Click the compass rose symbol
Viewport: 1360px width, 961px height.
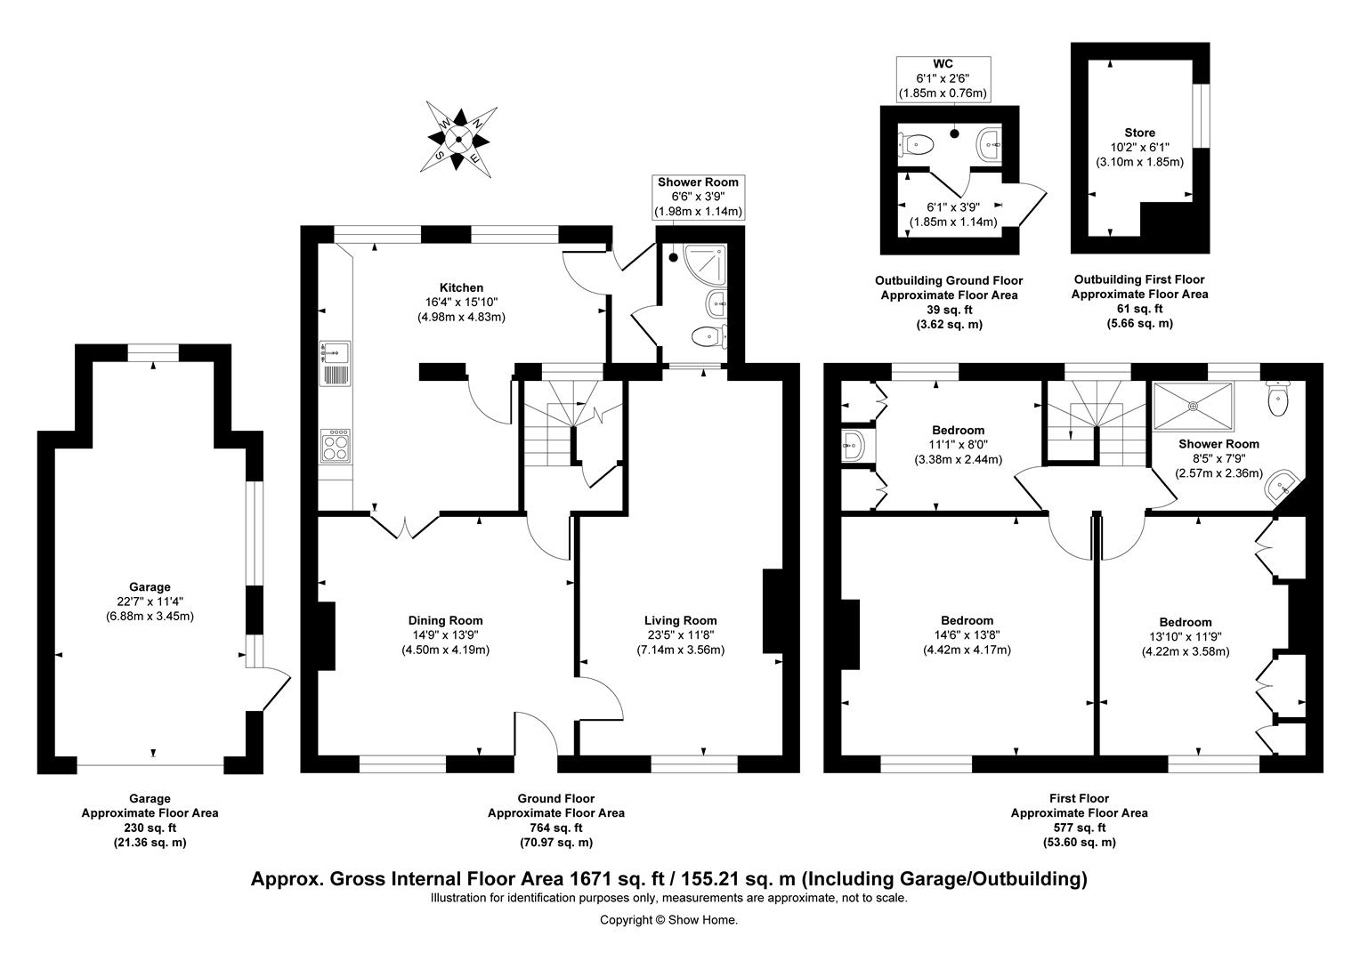pyautogui.click(x=459, y=140)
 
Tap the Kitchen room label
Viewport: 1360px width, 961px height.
pyautogui.click(x=461, y=287)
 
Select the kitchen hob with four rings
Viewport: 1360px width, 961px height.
pyautogui.click(x=336, y=446)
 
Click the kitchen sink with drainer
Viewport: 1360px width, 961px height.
pyautogui.click(x=336, y=363)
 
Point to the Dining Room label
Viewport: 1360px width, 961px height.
pyautogui.click(x=446, y=620)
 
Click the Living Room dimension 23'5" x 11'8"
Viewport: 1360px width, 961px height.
pyautogui.click(x=681, y=635)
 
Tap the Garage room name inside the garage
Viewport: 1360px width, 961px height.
pyautogui.click(x=150, y=587)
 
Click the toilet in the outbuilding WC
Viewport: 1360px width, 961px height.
pyautogui.click(x=915, y=145)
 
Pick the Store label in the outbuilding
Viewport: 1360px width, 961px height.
pyautogui.click(x=1139, y=133)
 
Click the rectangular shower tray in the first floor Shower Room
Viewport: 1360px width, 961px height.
pyautogui.click(x=1194, y=406)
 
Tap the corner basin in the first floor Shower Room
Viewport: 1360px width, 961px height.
pyautogui.click(x=1282, y=486)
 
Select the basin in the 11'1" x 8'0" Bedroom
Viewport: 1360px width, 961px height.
pyautogui.click(x=853, y=447)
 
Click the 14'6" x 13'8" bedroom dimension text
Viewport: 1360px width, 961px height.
pyautogui.click(x=967, y=635)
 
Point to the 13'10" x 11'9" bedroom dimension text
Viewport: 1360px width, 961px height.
pyautogui.click(x=1186, y=637)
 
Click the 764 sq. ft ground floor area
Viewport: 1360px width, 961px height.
pyautogui.click(x=556, y=828)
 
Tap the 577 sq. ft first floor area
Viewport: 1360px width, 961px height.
pyautogui.click(x=1080, y=828)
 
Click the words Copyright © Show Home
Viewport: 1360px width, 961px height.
pyautogui.click(x=668, y=920)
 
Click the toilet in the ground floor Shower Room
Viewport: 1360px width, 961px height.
pyautogui.click(x=708, y=335)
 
